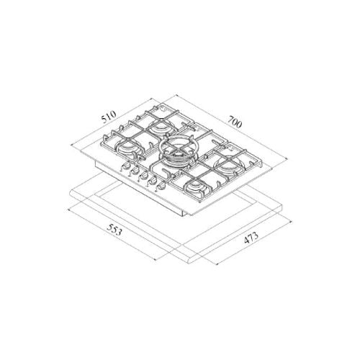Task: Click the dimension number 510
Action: (x=109, y=117)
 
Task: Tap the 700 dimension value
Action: (x=235, y=122)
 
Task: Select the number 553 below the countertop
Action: (x=114, y=230)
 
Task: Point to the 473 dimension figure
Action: (x=251, y=238)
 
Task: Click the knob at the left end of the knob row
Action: (x=126, y=166)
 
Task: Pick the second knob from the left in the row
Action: (x=134, y=171)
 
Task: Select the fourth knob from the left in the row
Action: (x=151, y=181)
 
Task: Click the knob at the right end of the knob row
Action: (x=161, y=187)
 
